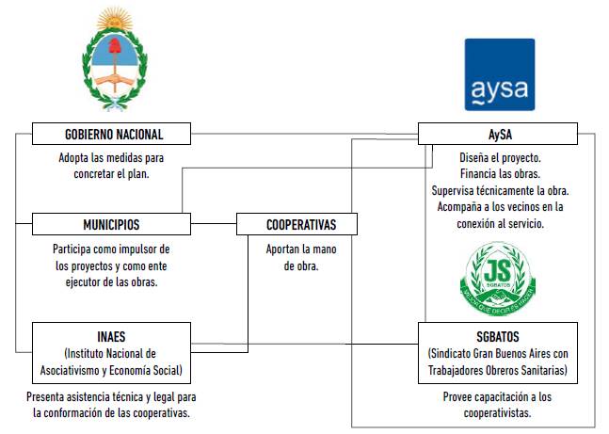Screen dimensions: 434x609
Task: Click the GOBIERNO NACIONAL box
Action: tap(112, 134)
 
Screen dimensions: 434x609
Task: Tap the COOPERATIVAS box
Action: tap(299, 224)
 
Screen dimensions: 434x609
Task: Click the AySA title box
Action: tap(500, 134)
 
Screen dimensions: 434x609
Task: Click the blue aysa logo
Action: tap(499, 75)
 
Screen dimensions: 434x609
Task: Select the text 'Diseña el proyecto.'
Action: tap(500, 157)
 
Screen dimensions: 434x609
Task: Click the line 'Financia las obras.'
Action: tap(500, 174)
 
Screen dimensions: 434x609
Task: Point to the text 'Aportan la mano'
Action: tap(301, 249)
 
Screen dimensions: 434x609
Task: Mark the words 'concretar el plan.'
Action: tap(111, 174)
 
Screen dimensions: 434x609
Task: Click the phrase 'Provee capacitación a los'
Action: tap(499, 397)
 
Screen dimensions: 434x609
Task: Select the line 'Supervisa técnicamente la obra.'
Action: tap(500, 191)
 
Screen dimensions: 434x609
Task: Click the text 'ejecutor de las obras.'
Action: tap(111, 281)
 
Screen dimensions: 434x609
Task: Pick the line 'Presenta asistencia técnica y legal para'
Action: tap(111, 397)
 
